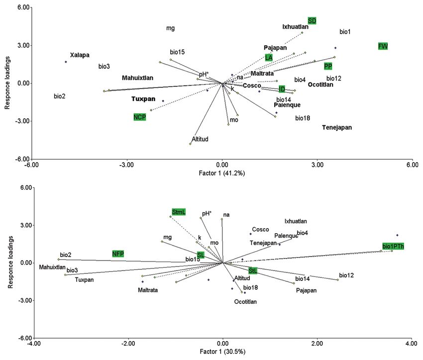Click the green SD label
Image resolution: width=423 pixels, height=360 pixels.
(312, 20)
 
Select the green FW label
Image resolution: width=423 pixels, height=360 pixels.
(383, 46)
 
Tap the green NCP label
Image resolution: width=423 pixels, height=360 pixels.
(140, 117)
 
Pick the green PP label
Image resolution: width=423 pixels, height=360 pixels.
(328, 66)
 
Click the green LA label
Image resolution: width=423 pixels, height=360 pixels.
(269, 58)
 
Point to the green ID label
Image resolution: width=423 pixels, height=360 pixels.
(282, 89)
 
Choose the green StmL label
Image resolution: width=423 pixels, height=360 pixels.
(179, 212)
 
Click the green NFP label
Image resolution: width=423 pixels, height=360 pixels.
(118, 254)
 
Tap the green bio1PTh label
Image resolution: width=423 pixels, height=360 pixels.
(393, 246)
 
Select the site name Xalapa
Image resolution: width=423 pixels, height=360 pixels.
(80, 55)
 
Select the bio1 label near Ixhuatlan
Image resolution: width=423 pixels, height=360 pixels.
(345, 32)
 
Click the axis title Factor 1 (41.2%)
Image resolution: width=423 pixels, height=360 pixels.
(222, 174)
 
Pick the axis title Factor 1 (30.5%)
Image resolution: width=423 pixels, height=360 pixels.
(222, 352)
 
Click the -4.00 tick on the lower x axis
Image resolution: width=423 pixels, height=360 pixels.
(34, 343)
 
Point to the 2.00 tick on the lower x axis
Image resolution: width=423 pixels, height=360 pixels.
(317, 343)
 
